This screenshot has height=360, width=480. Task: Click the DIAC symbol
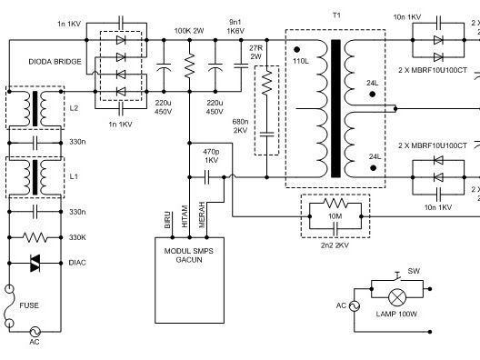click(x=35, y=263)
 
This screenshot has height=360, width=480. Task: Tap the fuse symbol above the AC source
click(x=9, y=306)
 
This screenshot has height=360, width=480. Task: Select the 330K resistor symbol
click(x=35, y=237)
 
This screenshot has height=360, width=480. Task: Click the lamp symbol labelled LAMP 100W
click(x=397, y=297)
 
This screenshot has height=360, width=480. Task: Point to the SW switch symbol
click(x=398, y=276)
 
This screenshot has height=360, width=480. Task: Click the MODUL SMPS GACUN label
click(x=189, y=255)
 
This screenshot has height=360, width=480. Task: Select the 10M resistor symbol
click(x=335, y=203)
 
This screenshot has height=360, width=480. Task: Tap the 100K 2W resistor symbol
click(x=189, y=65)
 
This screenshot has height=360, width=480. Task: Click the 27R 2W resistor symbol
click(x=267, y=83)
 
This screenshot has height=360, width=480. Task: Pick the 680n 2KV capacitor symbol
click(x=267, y=134)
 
